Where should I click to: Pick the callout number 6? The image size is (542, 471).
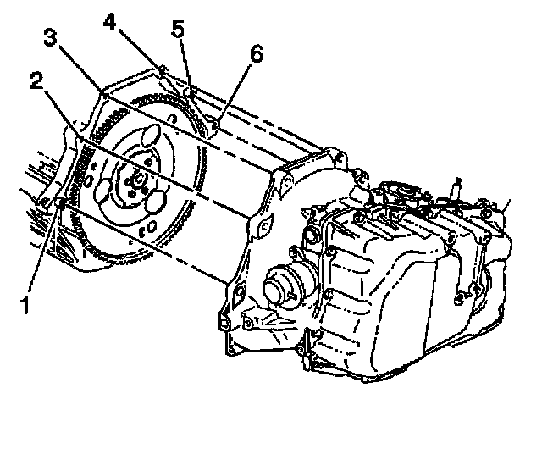[x=256, y=55]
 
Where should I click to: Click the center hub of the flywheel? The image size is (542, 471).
[x=136, y=180]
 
